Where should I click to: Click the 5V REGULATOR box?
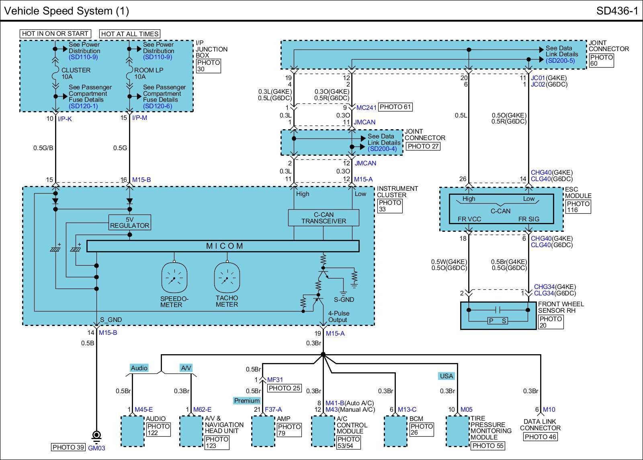(x=130, y=222)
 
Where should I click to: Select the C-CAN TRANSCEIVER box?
(x=324, y=218)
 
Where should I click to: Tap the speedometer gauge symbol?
(x=174, y=278)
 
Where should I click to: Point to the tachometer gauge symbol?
(x=227, y=278)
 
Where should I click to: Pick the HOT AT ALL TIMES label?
(x=130, y=34)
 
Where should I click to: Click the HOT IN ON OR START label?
(x=55, y=34)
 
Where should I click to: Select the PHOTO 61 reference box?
(x=395, y=107)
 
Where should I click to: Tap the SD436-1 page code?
(x=617, y=11)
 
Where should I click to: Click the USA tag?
(x=446, y=376)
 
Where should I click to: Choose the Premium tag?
(x=247, y=400)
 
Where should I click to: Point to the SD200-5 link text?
(x=560, y=61)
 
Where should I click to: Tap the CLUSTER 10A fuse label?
(x=76, y=73)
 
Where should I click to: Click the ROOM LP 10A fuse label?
(x=148, y=73)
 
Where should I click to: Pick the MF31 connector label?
(x=275, y=380)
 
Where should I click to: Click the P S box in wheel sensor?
(x=498, y=321)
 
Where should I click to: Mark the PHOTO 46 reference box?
(x=540, y=437)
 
